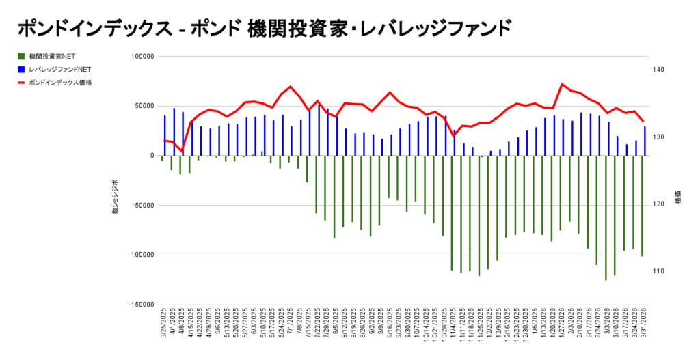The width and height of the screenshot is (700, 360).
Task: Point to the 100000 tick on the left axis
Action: [x=142, y=56]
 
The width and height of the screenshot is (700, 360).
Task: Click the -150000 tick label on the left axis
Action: [x=140, y=305]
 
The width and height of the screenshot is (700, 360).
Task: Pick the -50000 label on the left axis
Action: [x=142, y=205]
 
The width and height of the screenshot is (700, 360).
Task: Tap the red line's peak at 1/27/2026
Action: [x=562, y=84]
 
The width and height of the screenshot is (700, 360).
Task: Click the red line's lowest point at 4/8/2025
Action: [x=182, y=150]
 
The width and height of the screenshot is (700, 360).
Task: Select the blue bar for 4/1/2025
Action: [x=174, y=132]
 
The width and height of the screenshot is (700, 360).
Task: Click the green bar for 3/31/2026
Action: [x=642, y=206]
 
